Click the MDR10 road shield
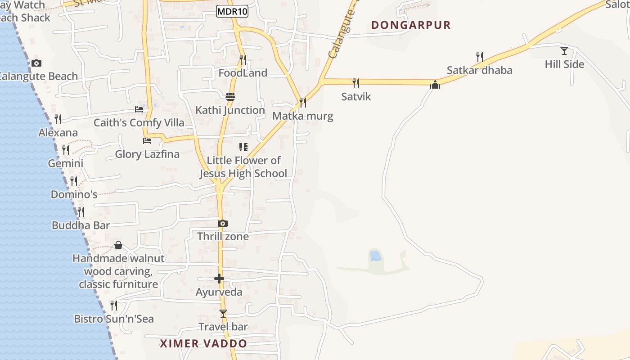pyautogui.click(x=232, y=12)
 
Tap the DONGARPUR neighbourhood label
pyautogui.click(x=411, y=25)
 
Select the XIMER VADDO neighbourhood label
pyautogui.click(x=203, y=344)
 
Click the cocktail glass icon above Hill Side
pyautogui.click(x=564, y=50)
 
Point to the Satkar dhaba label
pyautogui.click(x=479, y=70)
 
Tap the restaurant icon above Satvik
pyautogui.click(x=355, y=83)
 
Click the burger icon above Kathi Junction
pyautogui.click(x=230, y=96)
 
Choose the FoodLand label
pyautogui.click(x=243, y=73)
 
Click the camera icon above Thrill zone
pyautogui.click(x=222, y=223)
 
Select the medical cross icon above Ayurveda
pyautogui.click(x=219, y=279)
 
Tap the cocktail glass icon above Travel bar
pyautogui.click(x=223, y=313)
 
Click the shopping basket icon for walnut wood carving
pyautogui.click(x=118, y=245)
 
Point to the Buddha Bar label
pyautogui.click(x=81, y=225)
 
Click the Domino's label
pyautogui.click(x=74, y=195)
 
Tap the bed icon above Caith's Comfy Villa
pyautogui.click(x=139, y=109)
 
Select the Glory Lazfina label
pyautogui.click(x=147, y=154)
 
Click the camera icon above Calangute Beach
pyautogui.click(x=36, y=63)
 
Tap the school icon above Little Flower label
pyautogui.click(x=243, y=147)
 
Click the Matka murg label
pyautogui.click(x=303, y=116)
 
